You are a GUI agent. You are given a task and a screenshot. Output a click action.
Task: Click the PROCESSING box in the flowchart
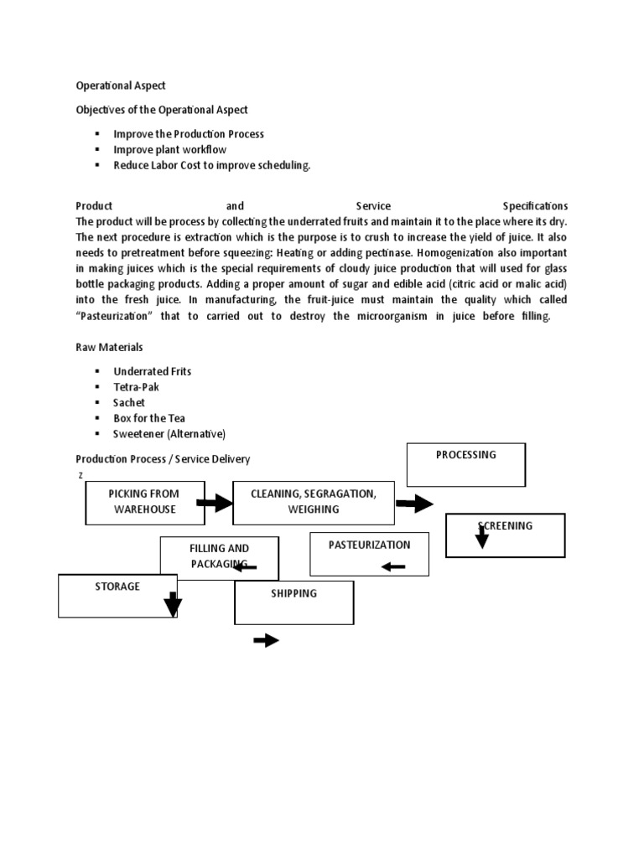pos(465,464)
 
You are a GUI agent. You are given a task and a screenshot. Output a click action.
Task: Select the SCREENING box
pos(505,535)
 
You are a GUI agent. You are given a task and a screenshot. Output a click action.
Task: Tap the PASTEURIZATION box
pos(369,554)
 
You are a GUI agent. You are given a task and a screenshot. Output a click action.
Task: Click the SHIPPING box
pos(293,602)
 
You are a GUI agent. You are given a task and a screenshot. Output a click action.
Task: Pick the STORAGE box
pos(117,596)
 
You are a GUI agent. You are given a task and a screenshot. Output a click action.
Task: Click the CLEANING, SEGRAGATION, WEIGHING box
pos(313,503)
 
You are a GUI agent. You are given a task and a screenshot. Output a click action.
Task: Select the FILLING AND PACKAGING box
pos(219,558)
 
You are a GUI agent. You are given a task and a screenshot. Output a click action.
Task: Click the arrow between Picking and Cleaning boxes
pos(214,503)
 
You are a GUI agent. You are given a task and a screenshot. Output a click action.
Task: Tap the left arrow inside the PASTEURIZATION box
pos(392,567)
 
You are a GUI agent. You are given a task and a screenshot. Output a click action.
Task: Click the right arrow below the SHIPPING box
pos(266,641)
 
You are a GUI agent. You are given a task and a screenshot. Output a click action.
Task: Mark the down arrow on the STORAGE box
pos(172,604)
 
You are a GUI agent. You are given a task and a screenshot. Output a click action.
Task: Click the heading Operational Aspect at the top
pos(121,85)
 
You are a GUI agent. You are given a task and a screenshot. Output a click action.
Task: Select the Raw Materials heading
pos(109,347)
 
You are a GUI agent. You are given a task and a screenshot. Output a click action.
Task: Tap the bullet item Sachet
pos(129,402)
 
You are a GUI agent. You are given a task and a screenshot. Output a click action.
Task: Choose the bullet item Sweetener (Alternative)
pos(169,434)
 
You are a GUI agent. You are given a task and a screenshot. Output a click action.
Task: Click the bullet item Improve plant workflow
pos(169,150)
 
